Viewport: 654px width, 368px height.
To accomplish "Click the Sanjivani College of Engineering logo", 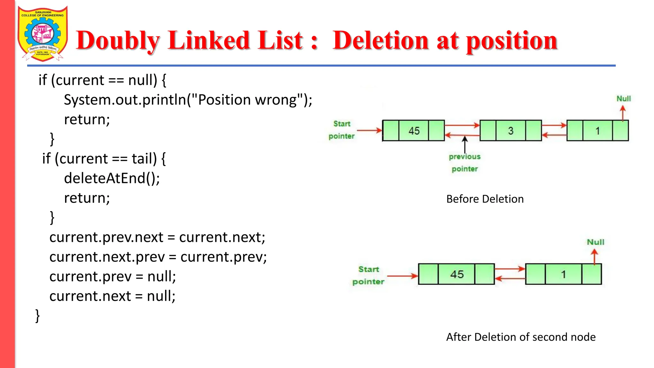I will point(42,34).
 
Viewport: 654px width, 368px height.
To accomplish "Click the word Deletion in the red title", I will point(380,41).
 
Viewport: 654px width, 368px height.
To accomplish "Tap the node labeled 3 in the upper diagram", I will point(511,131).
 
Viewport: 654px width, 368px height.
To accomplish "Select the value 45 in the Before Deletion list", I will point(414,131).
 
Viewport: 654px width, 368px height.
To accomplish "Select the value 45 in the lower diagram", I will point(457,274).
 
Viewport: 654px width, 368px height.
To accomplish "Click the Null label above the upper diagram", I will point(623,99).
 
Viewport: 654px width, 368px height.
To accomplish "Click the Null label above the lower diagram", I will point(595,242).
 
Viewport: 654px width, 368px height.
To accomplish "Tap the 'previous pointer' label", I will point(465,163).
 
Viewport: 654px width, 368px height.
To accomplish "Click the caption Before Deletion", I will point(485,199).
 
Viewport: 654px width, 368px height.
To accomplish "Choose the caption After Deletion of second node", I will point(521,337).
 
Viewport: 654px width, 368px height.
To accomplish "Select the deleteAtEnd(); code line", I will point(112,178).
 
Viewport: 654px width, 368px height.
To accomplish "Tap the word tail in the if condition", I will point(144,159).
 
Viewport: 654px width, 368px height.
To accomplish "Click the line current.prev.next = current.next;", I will point(157,237).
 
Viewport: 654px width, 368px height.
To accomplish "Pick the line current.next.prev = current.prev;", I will point(158,257).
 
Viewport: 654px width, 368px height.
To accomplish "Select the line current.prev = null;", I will point(112,277).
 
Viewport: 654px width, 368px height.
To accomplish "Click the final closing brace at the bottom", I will point(37,316).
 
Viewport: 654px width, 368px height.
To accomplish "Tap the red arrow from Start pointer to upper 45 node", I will point(369,130).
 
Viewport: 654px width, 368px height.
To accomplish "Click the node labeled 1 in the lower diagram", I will point(563,274).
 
